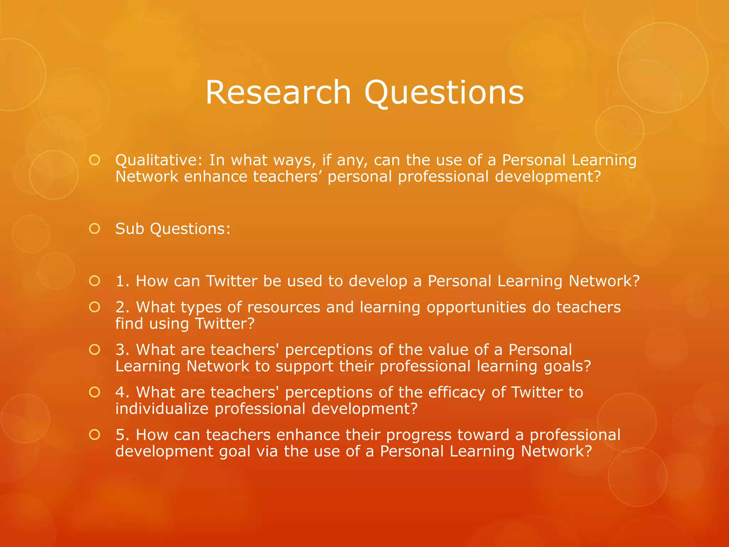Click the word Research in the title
click(278, 92)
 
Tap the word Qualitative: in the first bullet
click(159, 161)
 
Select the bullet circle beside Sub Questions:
click(95, 229)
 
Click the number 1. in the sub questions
click(122, 281)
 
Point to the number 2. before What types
click(123, 307)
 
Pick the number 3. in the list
click(123, 350)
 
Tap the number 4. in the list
click(123, 392)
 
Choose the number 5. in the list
click(123, 435)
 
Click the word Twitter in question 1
click(232, 281)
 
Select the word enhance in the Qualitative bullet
click(215, 177)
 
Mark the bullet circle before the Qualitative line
click(95, 160)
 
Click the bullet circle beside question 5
click(95, 435)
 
